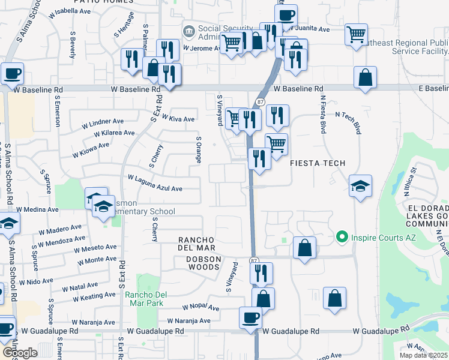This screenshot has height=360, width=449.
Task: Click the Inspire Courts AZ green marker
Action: (342, 238)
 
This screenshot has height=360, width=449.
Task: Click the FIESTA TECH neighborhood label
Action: (318, 163)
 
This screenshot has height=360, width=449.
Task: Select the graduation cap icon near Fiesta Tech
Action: (360, 185)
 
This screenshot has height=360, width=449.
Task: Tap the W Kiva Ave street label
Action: (178, 119)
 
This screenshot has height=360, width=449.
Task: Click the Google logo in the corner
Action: (19, 353)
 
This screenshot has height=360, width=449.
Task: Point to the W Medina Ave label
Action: (37, 209)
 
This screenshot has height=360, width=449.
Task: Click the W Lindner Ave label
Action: (106, 124)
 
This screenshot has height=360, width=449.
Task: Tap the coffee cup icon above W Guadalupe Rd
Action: (250, 317)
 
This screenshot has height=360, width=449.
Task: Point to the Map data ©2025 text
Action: (423, 355)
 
